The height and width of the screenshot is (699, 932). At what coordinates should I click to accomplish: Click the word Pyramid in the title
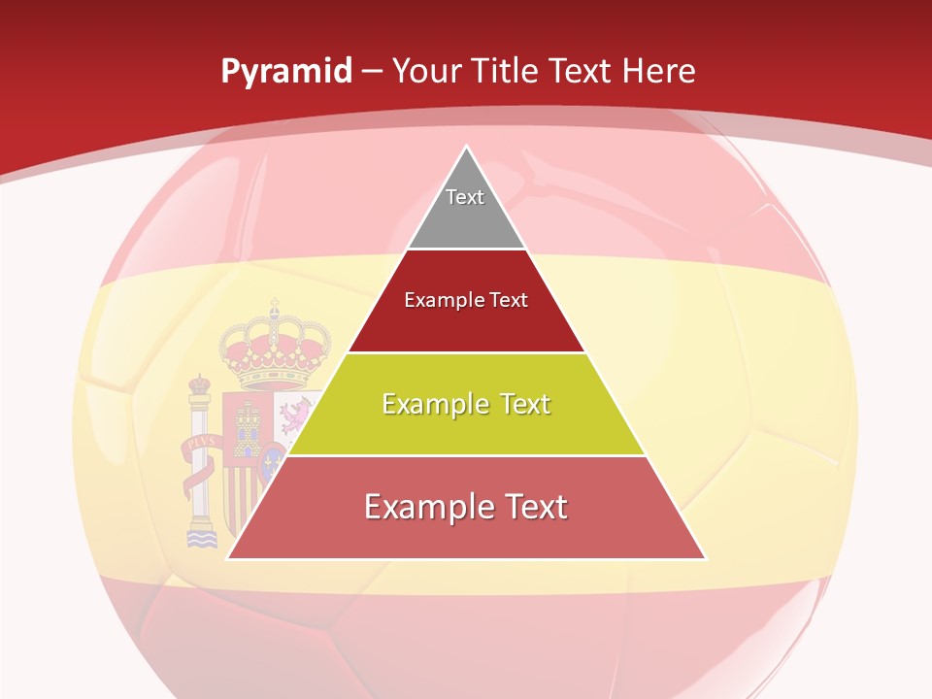click(x=286, y=71)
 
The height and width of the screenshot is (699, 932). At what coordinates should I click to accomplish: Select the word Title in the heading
click(x=503, y=71)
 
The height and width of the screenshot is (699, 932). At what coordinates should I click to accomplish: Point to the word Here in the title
click(x=659, y=71)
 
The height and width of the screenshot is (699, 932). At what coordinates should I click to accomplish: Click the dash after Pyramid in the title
click(x=372, y=72)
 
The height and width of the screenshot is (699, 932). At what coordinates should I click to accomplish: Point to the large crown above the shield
click(x=275, y=349)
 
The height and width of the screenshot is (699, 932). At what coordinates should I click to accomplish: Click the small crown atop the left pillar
click(x=199, y=383)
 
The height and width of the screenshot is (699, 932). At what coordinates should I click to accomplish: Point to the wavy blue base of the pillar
click(x=202, y=537)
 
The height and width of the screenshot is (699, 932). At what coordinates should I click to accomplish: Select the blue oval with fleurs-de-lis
click(x=271, y=457)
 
